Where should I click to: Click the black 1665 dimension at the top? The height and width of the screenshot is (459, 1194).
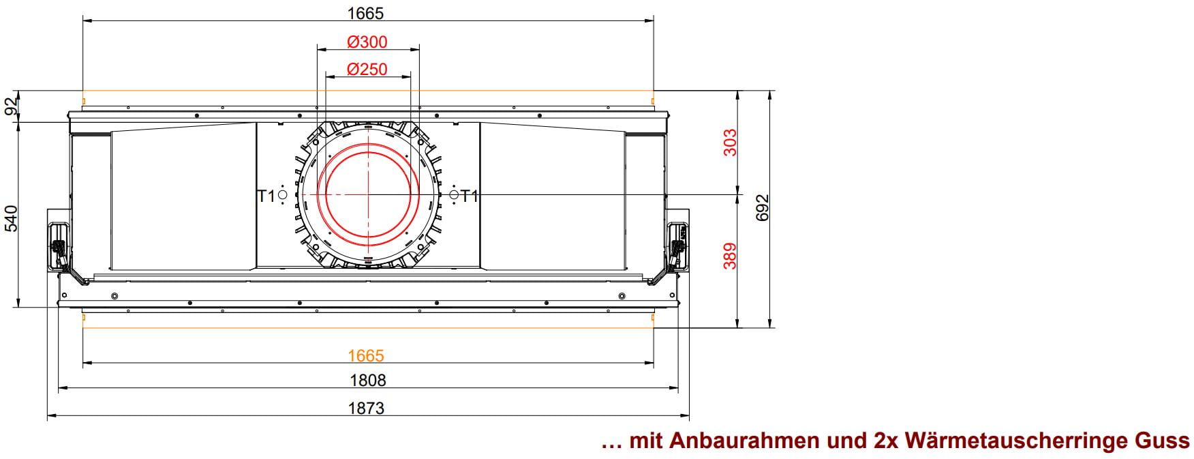tap(367, 13)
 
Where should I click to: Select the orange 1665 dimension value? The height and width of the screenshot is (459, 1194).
tap(366, 355)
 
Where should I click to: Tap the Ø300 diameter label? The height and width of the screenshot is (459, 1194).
tap(367, 42)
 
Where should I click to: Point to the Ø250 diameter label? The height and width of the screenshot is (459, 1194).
tap(367, 69)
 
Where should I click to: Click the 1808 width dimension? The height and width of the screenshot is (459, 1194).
tap(367, 380)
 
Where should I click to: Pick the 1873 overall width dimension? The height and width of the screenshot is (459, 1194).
tap(367, 408)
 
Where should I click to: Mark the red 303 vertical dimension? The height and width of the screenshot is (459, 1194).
tap(730, 143)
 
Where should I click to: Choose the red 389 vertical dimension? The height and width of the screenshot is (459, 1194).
tap(730, 256)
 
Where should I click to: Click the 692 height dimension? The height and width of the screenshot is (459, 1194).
tap(763, 207)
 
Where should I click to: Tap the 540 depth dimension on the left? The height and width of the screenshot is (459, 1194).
tap(12, 218)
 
